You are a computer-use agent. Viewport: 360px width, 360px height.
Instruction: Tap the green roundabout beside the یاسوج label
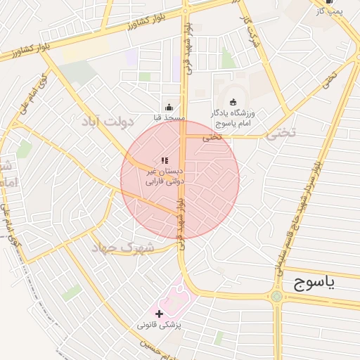click(x=276, y=296)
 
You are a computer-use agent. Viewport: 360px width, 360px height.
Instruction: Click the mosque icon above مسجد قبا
click(x=169, y=107)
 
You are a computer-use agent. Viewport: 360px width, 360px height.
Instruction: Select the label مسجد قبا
click(x=169, y=118)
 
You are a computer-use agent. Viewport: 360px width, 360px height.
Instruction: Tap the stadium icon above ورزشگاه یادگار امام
click(x=233, y=103)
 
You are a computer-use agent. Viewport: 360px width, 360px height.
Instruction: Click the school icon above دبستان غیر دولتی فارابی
click(x=165, y=160)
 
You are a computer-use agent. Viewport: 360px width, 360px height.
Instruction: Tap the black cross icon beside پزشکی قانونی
click(x=160, y=314)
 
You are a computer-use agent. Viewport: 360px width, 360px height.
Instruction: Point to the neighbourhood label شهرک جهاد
click(x=117, y=247)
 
